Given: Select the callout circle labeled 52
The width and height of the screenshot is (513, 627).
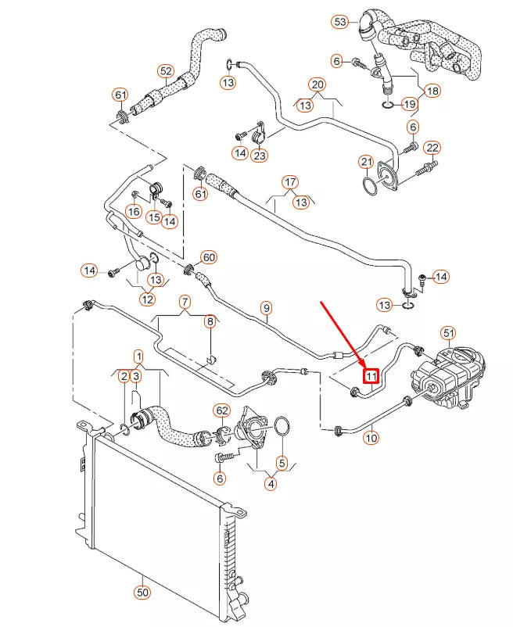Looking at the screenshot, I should [x=166, y=71].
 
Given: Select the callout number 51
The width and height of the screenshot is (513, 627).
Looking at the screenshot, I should [x=448, y=333].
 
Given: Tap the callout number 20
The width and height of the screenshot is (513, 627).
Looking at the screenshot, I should [x=317, y=84].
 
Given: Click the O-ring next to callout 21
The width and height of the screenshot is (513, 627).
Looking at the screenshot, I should [x=369, y=186].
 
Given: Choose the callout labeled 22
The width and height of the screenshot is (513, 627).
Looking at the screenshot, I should [x=432, y=148].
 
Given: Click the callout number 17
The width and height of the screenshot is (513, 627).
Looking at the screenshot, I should [x=290, y=183].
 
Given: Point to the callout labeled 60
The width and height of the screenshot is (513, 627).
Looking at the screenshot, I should [x=208, y=256].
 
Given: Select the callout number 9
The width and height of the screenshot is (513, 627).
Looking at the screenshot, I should [x=266, y=308].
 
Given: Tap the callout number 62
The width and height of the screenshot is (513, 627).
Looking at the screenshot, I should [x=221, y=410].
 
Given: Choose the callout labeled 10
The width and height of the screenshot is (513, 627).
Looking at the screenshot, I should [x=371, y=438].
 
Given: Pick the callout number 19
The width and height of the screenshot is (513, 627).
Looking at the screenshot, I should [x=409, y=103].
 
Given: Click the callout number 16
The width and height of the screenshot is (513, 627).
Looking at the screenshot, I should [x=134, y=211].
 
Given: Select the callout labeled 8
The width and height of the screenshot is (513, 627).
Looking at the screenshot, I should [x=210, y=321].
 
